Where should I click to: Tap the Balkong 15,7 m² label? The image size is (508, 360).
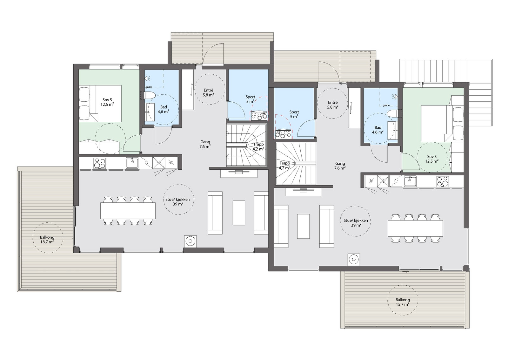pos(403,302)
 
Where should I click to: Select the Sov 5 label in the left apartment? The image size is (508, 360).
pos(107,102)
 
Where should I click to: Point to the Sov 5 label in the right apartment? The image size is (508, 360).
pos(432,159)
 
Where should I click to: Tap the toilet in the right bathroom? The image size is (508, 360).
pos(393,113)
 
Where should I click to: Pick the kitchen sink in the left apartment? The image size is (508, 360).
pos(132,163)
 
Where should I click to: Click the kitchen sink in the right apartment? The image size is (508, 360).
pos(410,181)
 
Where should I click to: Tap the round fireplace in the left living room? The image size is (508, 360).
pos(190,241)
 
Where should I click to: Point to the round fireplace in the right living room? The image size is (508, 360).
pos(354,259)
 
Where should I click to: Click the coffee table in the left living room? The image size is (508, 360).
pos(239,213)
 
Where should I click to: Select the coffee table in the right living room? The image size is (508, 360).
pos(304,226)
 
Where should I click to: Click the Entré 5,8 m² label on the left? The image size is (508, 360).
pos(208,92)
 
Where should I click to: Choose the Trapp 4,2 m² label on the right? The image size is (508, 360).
pos(284,165)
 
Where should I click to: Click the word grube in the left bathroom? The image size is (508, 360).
pos(149,87)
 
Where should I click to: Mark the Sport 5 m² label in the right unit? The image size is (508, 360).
pos(294,114)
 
